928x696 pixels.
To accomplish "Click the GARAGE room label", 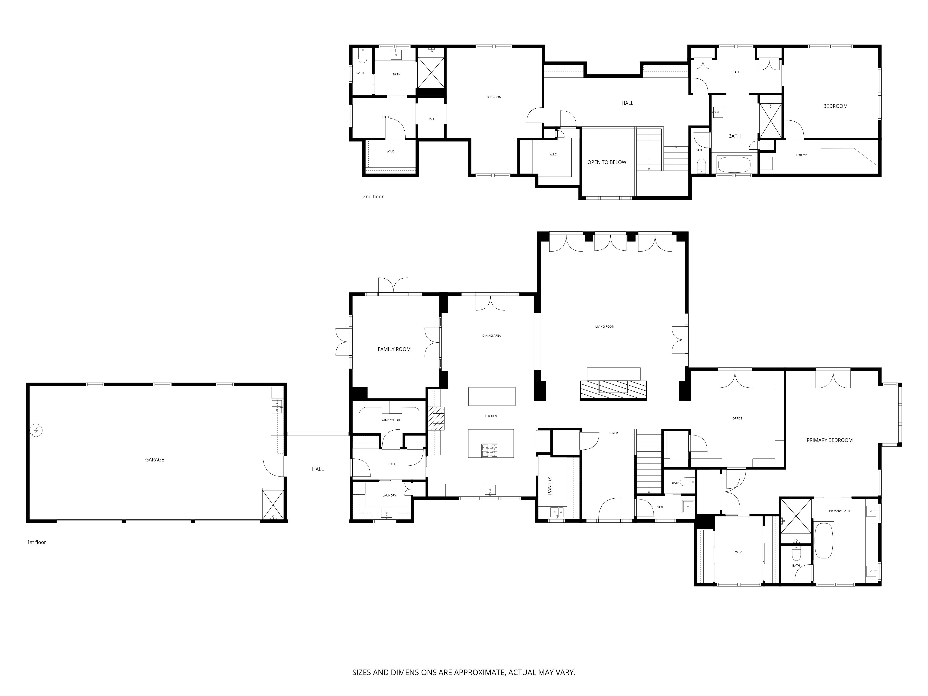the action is pyautogui.click(x=154, y=460).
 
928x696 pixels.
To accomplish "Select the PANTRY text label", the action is pyautogui.click(x=550, y=485).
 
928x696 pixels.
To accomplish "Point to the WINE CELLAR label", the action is pyautogui.click(x=391, y=420).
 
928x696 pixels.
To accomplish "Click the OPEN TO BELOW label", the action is pyautogui.click(x=607, y=162).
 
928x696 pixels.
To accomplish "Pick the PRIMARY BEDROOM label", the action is pyautogui.click(x=829, y=440).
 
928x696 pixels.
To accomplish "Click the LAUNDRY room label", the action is pyautogui.click(x=389, y=496).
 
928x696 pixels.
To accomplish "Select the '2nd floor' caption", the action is pyautogui.click(x=373, y=196).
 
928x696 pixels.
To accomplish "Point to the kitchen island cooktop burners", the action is pyautogui.click(x=490, y=450).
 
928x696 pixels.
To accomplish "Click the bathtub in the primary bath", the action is pyautogui.click(x=824, y=540).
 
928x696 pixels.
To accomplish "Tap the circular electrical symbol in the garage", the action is pyautogui.click(x=36, y=430).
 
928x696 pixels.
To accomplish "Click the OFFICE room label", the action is pyautogui.click(x=737, y=418).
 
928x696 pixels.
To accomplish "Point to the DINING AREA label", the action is pyautogui.click(x=491, y=336).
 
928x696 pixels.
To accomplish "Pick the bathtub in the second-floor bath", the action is pyautogui.click(x=734, y=164).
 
